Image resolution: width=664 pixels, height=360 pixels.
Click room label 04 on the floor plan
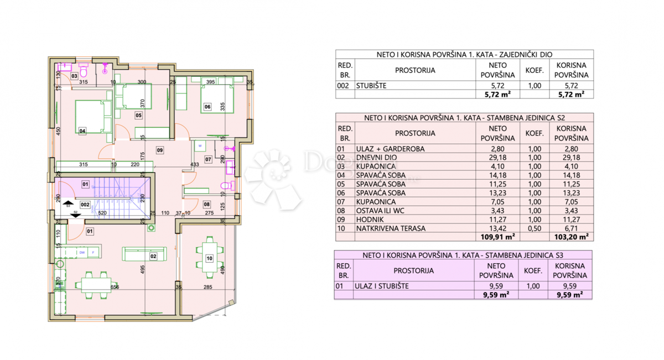click(82, 131)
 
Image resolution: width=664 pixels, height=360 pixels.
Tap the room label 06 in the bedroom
click(207, 107)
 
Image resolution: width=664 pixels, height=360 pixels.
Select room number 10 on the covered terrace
click(209, 258)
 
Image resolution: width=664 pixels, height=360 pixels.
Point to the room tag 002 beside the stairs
click(85, 205)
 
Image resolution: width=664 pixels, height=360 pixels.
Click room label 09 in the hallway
click(159, 150)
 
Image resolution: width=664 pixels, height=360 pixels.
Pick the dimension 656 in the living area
click(115, 287)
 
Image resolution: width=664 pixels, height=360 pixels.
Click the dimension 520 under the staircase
click(102, 213)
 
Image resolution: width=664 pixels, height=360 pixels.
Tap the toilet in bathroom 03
click(84, 71)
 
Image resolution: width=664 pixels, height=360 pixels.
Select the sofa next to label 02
click(138, 253)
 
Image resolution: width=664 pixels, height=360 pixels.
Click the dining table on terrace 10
click(209, 257)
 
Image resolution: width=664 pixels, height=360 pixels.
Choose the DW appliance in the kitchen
click(82, 253)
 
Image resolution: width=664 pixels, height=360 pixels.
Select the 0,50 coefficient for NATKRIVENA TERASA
click(534, 228)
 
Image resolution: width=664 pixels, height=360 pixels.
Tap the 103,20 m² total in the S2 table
click(571, 237)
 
